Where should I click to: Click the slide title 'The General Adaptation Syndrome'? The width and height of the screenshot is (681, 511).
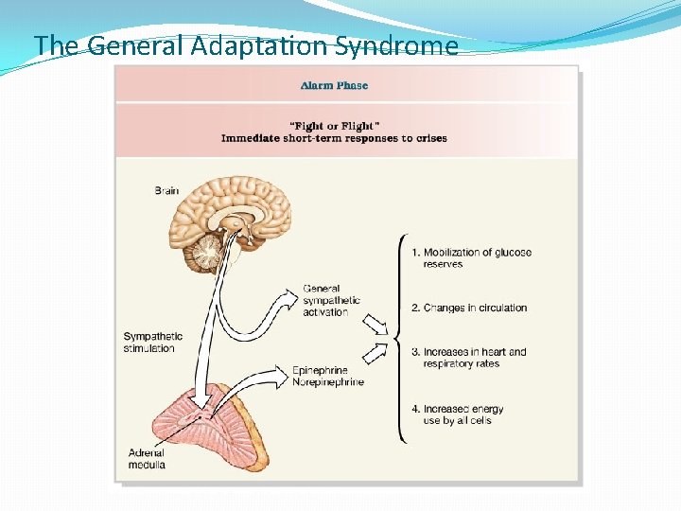pyautogui.click(x=245, y=45)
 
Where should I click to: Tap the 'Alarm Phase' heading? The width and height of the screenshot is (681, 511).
pyautogui.click(x=334, y=85)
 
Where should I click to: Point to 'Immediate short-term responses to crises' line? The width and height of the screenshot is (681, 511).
pyautogui.click(x=334, y=138)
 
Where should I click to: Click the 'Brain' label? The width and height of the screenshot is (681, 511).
pyautogui.click(x=166, y=190)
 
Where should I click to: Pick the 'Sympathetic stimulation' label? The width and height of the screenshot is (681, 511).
pyautogui.click(x=153, y=342)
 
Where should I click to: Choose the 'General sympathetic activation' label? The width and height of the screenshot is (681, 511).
pyautogui.click(x=331, y=300)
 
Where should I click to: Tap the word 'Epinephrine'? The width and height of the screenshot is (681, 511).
pyautogui.click(x=321, y=370)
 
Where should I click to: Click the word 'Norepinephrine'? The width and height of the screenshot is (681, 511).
pyautogui.click(x=328, y=382)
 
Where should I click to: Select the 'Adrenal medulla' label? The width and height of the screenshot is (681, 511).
pyautogui.click(x=147, y=459)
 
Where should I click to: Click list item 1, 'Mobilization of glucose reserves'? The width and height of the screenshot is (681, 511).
pyautogui.click(x=471, y=258)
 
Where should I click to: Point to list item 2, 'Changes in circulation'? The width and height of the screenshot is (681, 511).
pyautogui.click(x=469, y=308)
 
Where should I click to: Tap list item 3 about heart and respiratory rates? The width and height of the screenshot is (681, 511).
pyautogui.click(x=469, y=358)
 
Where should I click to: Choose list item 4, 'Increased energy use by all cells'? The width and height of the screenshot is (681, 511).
pyautogui.click(x=458, y=414)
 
